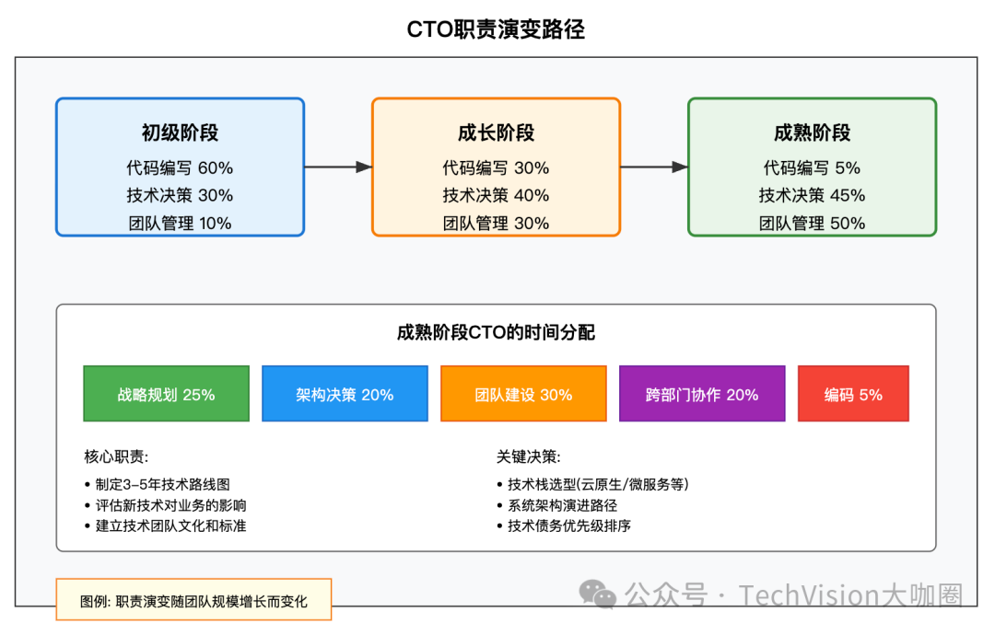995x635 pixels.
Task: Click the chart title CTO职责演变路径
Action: [496, 29]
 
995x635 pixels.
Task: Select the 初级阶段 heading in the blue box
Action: [180, 133]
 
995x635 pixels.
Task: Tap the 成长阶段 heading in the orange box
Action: [496, 133]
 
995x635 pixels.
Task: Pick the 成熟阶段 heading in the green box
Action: [812, 133]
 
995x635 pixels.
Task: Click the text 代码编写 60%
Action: [180, 167]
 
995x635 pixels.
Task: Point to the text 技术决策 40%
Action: [496, 195]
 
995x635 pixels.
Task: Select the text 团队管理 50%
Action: [812, 223]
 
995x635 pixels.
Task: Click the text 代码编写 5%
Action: [812, 167]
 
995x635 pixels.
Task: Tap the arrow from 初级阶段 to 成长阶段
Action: [337, 167]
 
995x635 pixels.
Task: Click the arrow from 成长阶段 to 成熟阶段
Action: [653, 167]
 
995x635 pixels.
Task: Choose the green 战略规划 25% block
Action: [166, 394]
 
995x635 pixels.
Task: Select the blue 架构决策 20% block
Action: [345, 394]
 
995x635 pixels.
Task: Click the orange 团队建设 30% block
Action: [523, 394]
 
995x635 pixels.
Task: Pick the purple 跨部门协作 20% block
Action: [702, 394]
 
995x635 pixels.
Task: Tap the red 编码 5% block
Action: [853, 394]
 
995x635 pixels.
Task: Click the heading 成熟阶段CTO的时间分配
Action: [496, 333]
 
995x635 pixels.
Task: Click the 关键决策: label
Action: [528, 456]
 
